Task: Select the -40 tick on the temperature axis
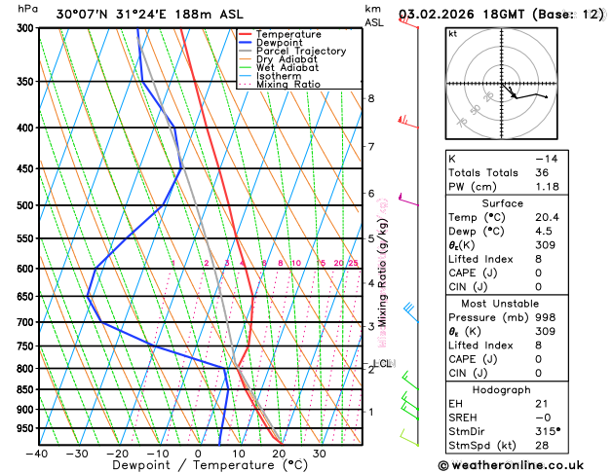[x=37, y=454]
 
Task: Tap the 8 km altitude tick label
[x=371, y=99]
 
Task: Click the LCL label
[x=382, y=364]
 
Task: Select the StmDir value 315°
[x=548, y=431]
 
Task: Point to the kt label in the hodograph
[x=452, y=34]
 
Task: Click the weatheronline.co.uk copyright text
[x=524, y=464]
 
